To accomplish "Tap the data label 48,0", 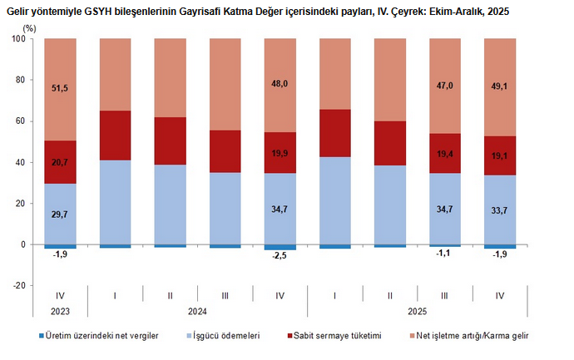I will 280,83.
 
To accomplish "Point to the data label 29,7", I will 60,215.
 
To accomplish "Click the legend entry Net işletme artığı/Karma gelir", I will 471,336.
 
